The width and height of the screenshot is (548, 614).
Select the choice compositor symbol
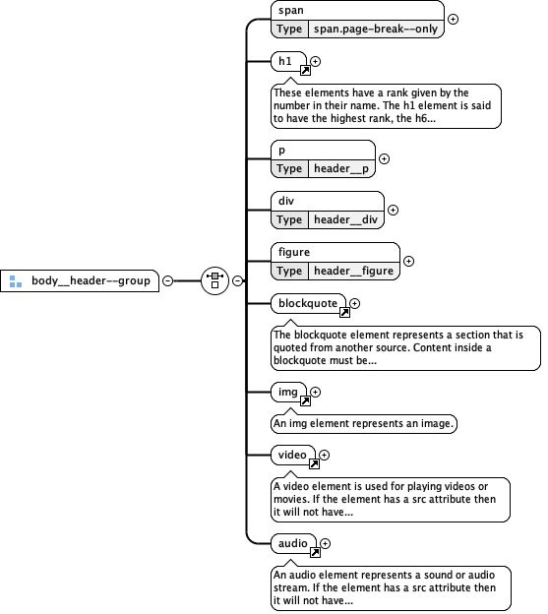(x=214, y=280)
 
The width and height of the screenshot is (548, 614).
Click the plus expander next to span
(x=454, y=19)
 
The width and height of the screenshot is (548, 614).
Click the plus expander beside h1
(x=316, y=62)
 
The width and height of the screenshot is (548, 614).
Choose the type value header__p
(x=340, y=168)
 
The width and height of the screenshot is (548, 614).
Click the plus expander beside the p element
(x=385, y=158)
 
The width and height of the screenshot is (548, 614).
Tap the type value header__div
(x=344, y=219)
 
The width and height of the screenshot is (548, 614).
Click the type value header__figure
(x=353, y=271)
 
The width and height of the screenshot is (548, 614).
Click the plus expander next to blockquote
(x=355, y=303)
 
